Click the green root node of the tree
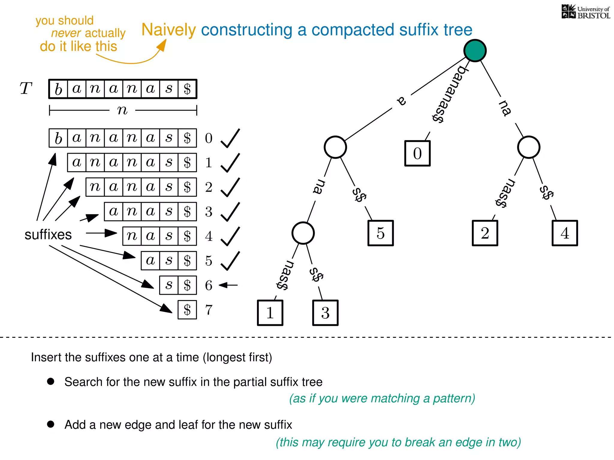[x=475, y=51]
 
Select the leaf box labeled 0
[x=417, y=153]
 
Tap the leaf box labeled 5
[x=380, y=233]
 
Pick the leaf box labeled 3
[x=325, y=313]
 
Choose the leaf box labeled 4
[x=565, y=233]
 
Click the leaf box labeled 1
[x=270, y=313]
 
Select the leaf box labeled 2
[x=485, y=233]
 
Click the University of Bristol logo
[x=586, y=12]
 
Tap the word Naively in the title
[x=168, y=30]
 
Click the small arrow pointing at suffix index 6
[x=228, y=285]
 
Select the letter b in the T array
[x=58, y=89]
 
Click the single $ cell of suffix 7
[x=187, y=310]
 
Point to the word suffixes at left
[x=48, y=234]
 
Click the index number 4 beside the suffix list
[x=209, y=236]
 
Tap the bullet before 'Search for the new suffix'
[x=51, y=381]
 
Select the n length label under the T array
[x=122, y=110]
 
